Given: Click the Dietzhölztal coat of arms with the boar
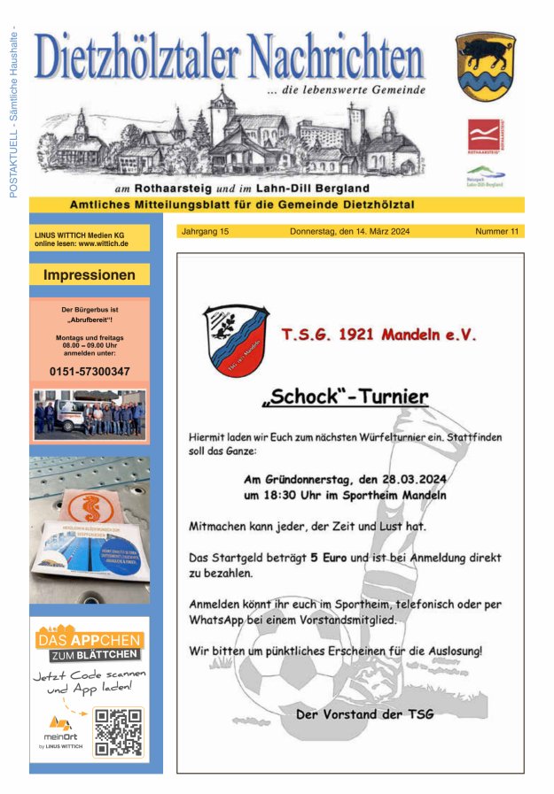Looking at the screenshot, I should click(485, 66).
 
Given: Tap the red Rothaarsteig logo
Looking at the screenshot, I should click(485, 136).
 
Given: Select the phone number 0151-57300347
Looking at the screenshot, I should click(89, 371).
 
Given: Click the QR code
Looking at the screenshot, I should click(118, 731).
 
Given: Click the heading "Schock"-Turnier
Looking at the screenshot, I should click(345, 397).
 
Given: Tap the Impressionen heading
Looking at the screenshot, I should click(90, 275).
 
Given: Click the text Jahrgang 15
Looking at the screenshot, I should click(205, 232).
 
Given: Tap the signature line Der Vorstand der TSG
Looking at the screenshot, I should click(365, 713).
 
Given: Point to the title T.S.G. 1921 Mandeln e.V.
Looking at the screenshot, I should click(378, 335).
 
